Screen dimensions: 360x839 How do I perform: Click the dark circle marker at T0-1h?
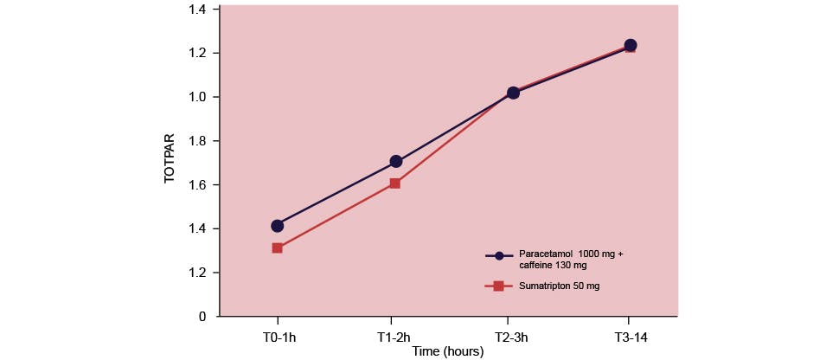(x=277, y=226)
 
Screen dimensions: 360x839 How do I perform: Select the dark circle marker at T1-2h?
(x=396, y=161)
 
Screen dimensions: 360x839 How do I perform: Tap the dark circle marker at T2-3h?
(x=513, y=93)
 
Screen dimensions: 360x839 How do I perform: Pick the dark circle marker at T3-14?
(x=631, y=45)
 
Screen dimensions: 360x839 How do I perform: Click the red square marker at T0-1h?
(x=277, y=247)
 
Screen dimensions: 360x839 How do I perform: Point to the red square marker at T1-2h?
(x=395, y=183)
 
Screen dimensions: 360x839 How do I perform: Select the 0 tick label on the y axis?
(x=202, y=317)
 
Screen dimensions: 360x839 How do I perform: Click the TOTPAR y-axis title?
(x=170, y=158)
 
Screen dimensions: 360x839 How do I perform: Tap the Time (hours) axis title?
(x=447, y=351)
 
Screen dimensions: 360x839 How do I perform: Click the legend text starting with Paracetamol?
(x=571, y=260)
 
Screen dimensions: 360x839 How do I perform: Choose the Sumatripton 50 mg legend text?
(x=560, y=286)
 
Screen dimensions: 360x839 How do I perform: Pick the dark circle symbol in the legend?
(x=499, y=256)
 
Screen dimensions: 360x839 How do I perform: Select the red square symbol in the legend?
(x=499, y=286)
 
